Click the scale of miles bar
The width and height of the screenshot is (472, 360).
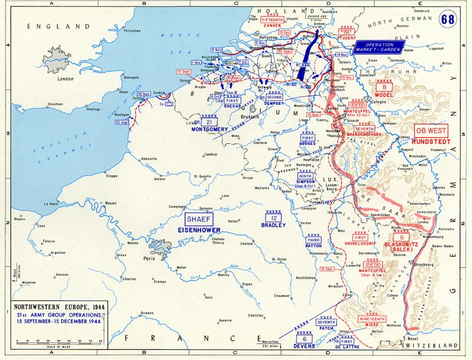pyautogui.click(x=59, y=341)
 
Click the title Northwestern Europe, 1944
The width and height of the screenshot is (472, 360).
pyautogui.click(x=59, y=309)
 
